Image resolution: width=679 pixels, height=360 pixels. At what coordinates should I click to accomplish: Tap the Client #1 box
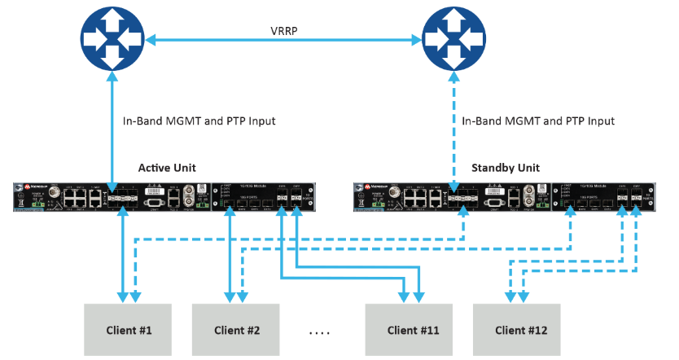(x=129, y=330)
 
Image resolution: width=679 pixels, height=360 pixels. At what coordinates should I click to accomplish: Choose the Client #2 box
(x=236, y=330)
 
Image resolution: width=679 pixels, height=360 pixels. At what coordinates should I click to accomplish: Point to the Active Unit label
(x=167, y=168)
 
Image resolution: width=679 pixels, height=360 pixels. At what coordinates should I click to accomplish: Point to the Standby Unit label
(x=505, y=168)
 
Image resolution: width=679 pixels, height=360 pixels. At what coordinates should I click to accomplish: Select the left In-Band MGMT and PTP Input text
(x=199, y=121)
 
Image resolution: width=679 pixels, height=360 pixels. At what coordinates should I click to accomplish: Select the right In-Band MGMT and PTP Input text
(x=538, y=121)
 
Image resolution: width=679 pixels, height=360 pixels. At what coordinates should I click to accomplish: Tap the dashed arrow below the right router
(x=453, y=130)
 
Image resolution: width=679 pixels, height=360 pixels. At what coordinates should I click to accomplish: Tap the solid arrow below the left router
(x=112, y=130)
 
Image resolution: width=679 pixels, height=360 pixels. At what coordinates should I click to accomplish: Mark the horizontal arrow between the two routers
(x=283, y=38)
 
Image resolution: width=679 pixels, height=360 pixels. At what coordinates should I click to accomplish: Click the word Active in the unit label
(x=155, y=168)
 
